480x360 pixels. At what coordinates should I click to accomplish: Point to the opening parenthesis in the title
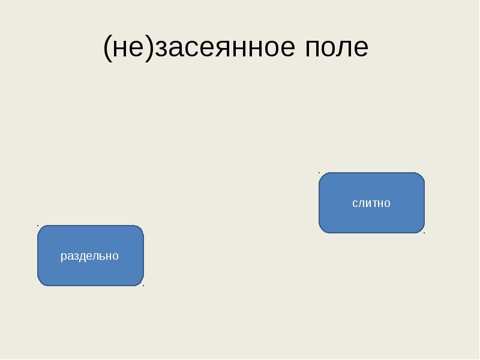107,47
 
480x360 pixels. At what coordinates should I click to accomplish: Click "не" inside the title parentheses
128,47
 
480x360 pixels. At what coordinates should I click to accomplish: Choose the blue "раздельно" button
90,256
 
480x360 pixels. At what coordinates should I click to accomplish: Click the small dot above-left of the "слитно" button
319,172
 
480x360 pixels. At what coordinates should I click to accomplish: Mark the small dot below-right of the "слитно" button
424,233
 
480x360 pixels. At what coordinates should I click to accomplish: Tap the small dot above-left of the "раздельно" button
38,225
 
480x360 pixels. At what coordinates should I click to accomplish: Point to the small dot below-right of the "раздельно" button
143,286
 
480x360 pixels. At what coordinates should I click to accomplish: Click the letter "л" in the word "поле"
343,48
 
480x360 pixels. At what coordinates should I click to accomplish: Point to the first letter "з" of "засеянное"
161,48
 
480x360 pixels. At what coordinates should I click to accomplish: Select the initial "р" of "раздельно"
63,257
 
